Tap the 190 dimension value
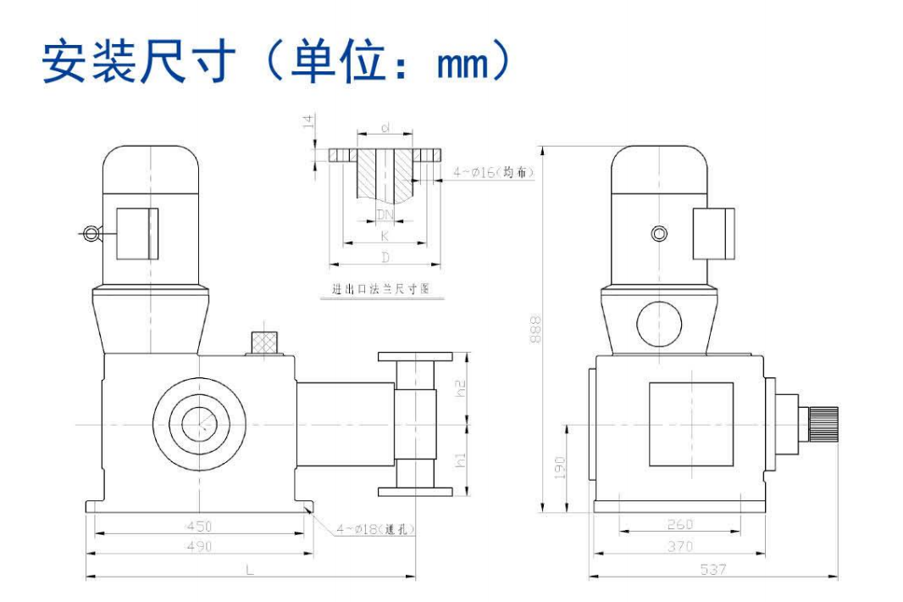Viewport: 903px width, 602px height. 560,466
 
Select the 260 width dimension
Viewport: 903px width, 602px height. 679,525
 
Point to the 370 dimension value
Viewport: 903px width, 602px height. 679,547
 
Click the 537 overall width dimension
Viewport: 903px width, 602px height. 713,570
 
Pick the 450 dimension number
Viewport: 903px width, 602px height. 199,527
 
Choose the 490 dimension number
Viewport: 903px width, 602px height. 199,547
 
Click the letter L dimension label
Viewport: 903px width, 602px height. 250,570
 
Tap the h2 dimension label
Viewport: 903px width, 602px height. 461,389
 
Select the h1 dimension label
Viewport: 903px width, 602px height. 461,460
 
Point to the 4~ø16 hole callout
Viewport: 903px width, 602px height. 494,172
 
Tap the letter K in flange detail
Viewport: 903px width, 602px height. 385,237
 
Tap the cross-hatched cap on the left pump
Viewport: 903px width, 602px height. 266,342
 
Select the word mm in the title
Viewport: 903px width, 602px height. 464,62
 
